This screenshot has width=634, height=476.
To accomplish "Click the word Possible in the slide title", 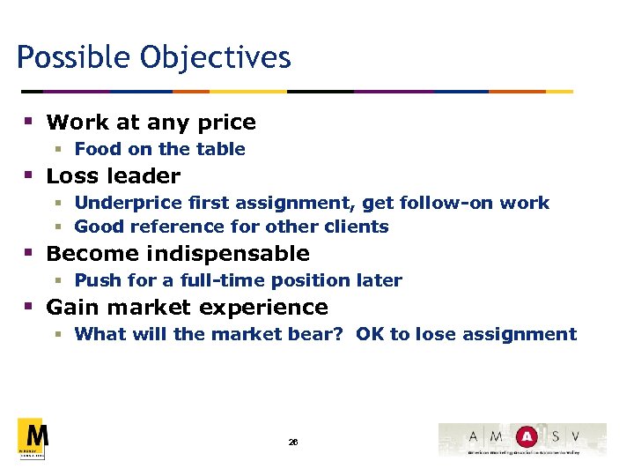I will click(66, 58).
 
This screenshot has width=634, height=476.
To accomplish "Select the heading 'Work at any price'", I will click(151, 123).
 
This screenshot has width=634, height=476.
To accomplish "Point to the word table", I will click(221, 149).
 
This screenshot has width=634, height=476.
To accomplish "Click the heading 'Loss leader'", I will click(113, 176).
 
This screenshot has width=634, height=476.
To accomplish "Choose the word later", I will click(380, 280).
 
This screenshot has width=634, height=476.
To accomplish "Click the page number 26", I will click(293, 442).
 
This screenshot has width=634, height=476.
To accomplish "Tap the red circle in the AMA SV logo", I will click(527, 436).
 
